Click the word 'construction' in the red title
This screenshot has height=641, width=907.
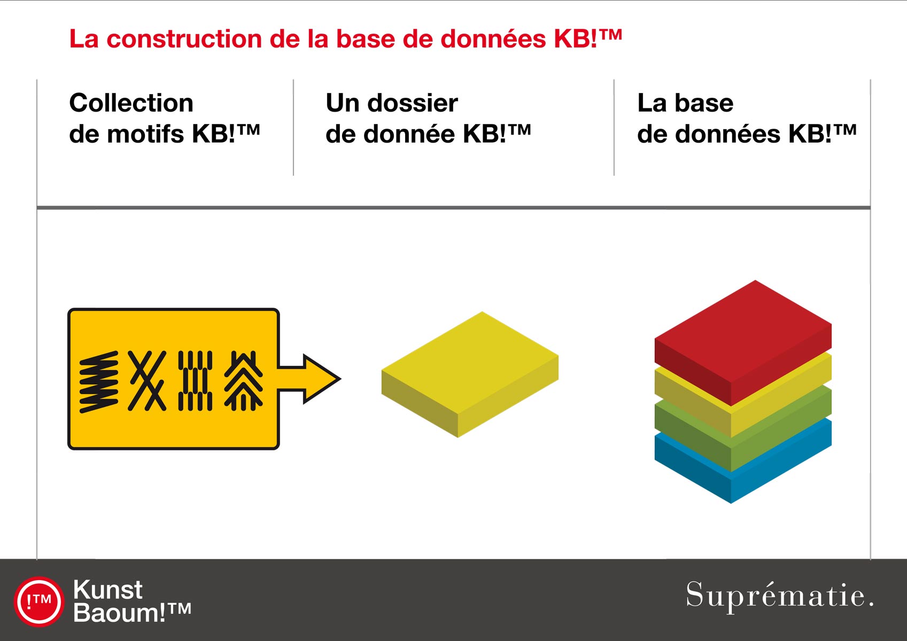184,39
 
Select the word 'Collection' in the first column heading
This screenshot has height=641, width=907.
131,103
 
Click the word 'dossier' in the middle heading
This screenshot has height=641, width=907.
413,103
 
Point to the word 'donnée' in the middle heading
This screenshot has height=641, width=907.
409,134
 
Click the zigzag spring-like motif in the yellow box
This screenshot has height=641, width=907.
99,382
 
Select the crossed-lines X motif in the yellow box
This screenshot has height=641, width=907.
147,381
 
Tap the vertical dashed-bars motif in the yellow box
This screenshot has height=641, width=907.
195,381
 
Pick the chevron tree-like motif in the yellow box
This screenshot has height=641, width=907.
244,381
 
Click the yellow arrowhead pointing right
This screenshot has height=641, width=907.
320,379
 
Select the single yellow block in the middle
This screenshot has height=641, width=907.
470,374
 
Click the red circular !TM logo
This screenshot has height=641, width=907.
39,602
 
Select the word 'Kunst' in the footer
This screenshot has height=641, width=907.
108,590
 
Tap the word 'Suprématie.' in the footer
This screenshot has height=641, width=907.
780,595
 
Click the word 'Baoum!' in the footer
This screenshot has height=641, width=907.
119,613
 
